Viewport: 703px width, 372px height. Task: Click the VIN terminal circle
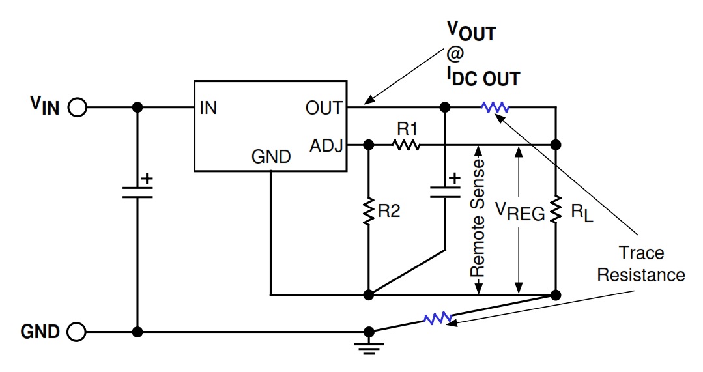click(x=77, y=107)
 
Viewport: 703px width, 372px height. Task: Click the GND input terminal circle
click(x=77, y=332)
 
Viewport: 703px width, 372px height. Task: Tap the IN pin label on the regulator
click(x=208, y=108)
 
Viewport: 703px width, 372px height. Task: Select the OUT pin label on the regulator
click(x=324, y=108)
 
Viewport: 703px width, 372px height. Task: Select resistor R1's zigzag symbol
click(x=407, y=145)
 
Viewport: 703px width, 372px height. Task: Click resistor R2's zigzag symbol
click(x=369, y=212)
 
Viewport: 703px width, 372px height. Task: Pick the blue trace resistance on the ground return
click(x=438, y=319)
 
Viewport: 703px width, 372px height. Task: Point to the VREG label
click(x=519, y=212)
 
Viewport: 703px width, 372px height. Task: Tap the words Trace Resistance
click(x=641, y=263)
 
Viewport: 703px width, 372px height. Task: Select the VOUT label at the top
click(x=470, y=31)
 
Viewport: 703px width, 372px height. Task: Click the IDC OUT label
click(x=483, y=78)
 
